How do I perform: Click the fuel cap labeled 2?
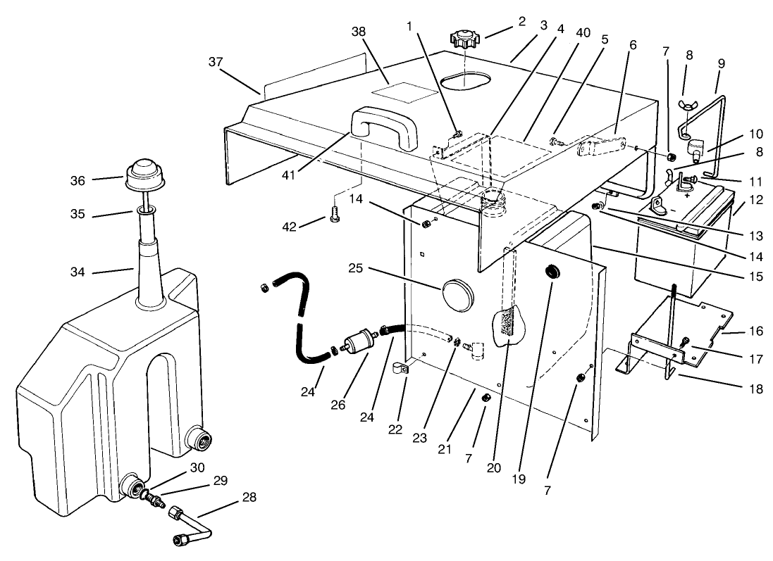tap(464, 38)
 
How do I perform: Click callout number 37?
tap(215, 62)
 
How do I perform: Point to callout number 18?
tap(755, 388)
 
